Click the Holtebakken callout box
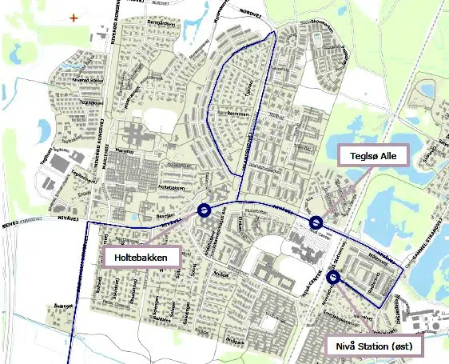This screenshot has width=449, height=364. [141, 257]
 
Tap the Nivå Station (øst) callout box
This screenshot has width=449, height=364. [374, 346]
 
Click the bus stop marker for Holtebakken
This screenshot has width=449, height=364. [203, 210]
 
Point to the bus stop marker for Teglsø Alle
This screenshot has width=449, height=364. [316, 222]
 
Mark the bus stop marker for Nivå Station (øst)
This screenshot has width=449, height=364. [333, 278]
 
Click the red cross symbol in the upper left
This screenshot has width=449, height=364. [74, 17]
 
